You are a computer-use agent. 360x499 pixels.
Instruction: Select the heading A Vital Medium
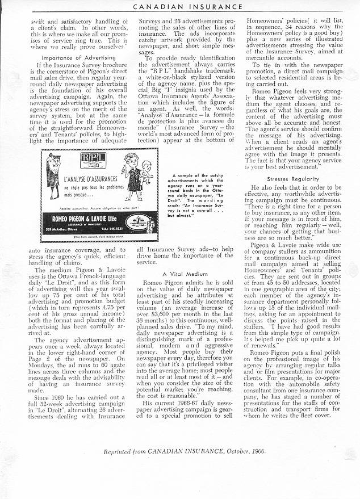coord(179,274)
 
